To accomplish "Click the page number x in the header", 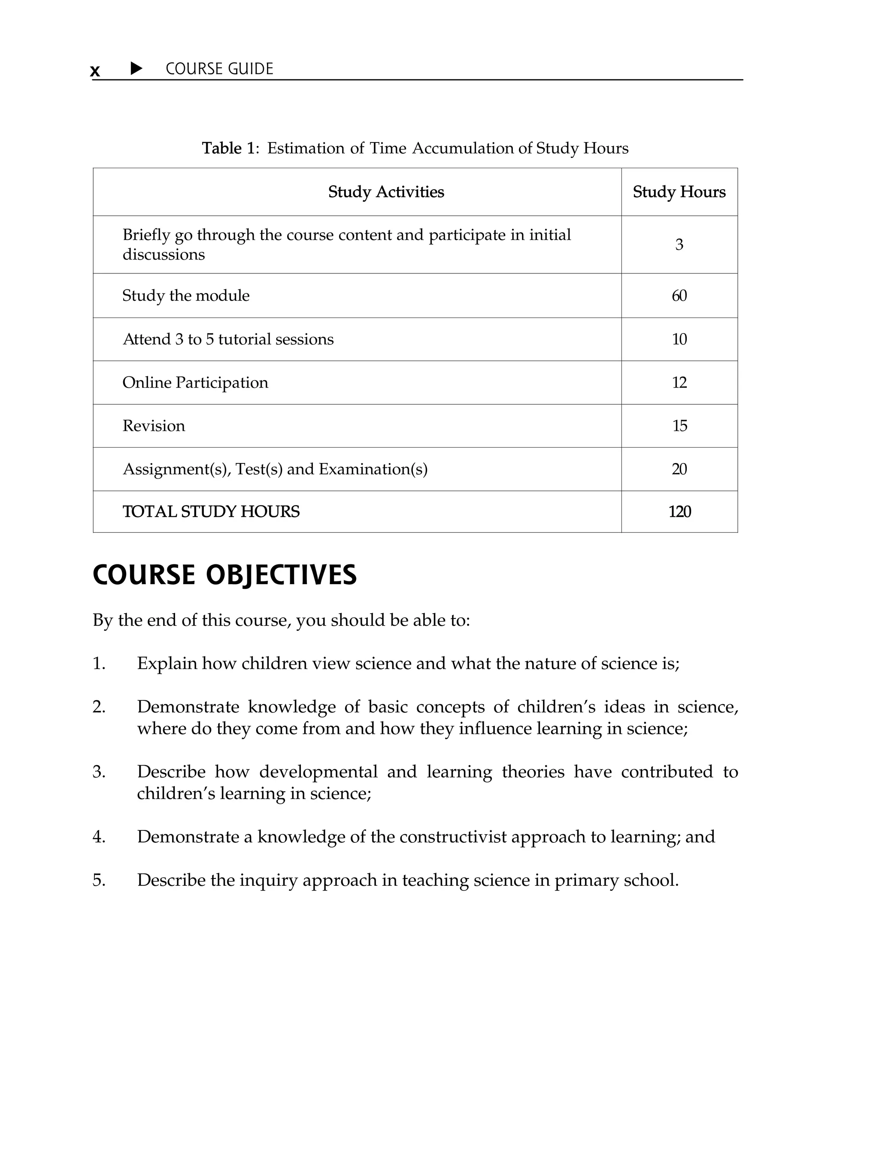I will point(95,70).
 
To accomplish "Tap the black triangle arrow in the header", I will point(136,68).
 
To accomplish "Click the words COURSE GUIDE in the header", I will point(219,69).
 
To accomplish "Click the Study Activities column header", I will point(386,192).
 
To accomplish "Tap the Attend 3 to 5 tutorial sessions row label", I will point(228,339).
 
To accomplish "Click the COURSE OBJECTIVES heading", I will point(224,575).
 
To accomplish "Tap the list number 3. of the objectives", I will point(99,772).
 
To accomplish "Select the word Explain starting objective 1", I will point(167,663).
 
